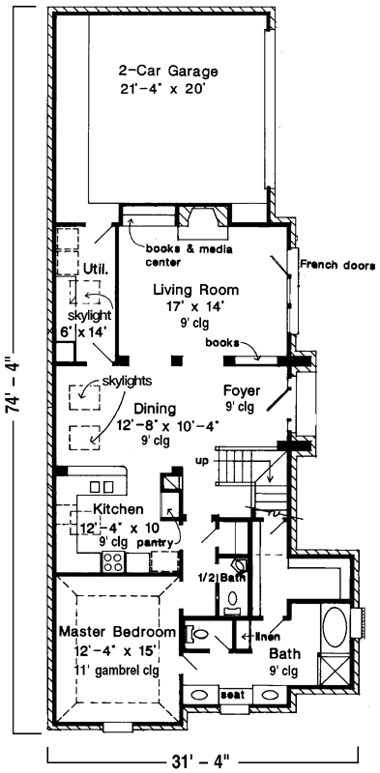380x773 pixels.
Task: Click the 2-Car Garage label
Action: tap(168, 72)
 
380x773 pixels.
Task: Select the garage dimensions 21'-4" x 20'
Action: tap(168, 88)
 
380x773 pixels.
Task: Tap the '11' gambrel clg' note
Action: tap(116, 669)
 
